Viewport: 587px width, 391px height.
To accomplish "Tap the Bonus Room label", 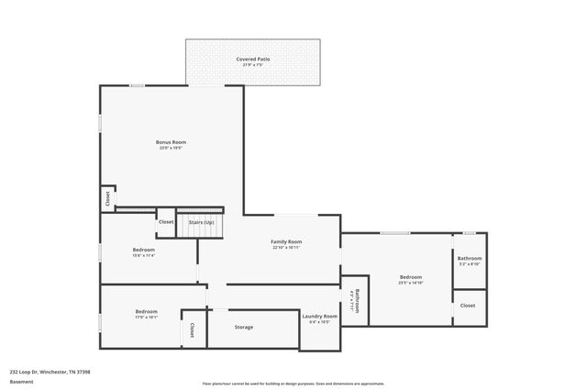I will click(172, 142).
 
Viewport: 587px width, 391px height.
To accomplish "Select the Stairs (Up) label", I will click(201, 222).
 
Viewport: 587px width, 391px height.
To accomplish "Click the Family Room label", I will click(286, 241).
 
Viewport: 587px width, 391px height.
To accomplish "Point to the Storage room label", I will click(243, 327).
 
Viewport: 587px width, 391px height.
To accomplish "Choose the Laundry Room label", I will click(319, 316).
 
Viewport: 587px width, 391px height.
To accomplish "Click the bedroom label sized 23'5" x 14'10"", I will click(410, 277).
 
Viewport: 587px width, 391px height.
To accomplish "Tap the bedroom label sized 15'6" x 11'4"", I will click(144, 250).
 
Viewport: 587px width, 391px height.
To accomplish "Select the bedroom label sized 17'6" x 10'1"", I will click(147, 312).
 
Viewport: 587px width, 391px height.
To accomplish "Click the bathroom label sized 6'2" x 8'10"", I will click(470, 259).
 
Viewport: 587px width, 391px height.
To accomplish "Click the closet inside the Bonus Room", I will click(107, 198).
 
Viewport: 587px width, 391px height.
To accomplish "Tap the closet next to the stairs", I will click(166, 221).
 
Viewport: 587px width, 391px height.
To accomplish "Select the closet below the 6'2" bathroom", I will click(468, 305).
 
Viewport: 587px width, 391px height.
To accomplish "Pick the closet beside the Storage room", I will click(193, 329).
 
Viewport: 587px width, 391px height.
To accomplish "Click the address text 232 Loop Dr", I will click(50, 372).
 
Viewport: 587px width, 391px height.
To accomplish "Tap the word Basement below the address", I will click(21, 382).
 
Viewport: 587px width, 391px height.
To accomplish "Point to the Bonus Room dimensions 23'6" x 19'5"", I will click(172, 148).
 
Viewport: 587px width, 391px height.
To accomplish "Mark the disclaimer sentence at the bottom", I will click(293, 384).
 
